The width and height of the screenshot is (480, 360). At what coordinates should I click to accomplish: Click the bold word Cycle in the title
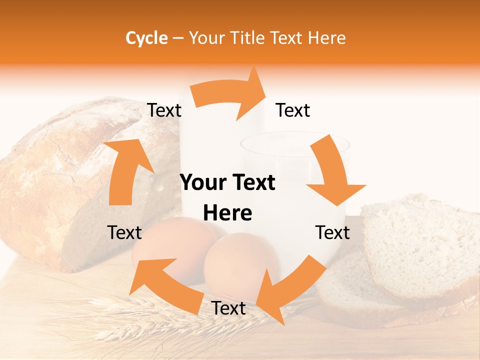[146, 38]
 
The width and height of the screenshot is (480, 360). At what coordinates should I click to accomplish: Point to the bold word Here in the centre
[227, 213]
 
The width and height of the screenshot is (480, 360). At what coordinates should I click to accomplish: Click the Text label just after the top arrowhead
[293, 110]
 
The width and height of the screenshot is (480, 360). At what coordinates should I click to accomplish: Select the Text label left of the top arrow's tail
[164, 110]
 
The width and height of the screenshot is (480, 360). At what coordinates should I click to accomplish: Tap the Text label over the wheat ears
[228, 308]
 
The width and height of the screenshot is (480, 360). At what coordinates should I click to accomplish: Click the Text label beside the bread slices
[332, 232]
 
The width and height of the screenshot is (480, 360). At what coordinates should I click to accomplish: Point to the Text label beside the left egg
[124, 232]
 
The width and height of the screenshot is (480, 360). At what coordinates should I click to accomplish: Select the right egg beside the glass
[240, 260]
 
